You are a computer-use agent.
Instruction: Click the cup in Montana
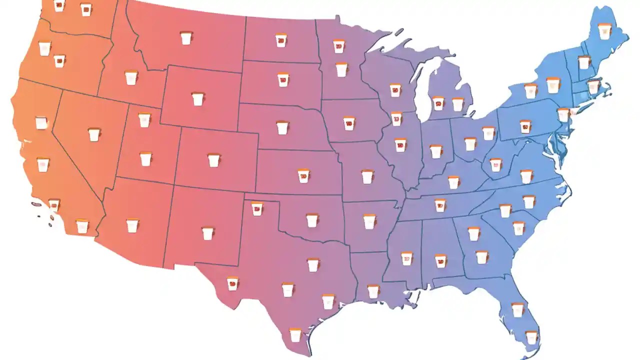[x=186, y=38]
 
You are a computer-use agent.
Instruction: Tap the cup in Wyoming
[x=198, y=98]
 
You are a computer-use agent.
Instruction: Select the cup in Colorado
[x=213, y=160]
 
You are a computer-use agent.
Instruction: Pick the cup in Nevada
[x=94, y=134]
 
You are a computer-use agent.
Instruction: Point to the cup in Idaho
[x=131, y=78]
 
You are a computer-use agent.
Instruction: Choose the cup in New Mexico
[x=207, y=233]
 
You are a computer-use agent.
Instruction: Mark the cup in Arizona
[x=132, y=225]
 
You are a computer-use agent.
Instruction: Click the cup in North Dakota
[x=281, y=40]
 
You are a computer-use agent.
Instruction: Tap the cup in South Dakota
[x=283, y=80]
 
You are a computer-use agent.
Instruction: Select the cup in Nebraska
[x=282, y=127]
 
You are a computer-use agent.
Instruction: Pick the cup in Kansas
[x=303, y=176]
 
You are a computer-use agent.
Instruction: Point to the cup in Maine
[x=605, y=31]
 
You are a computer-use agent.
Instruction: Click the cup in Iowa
[x=348, y=123]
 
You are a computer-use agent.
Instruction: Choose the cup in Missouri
[x=367, y=176]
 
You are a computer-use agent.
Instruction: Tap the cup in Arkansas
[x=369, y=221]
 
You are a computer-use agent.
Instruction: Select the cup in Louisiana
[x=373, y=291]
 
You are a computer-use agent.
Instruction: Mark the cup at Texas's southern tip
[x=295, y=334]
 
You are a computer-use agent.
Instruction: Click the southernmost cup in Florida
[x=531, y=337]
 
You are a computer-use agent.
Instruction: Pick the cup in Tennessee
[x=440, y=205]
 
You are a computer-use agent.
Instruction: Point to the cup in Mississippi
[x=406, y=258]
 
